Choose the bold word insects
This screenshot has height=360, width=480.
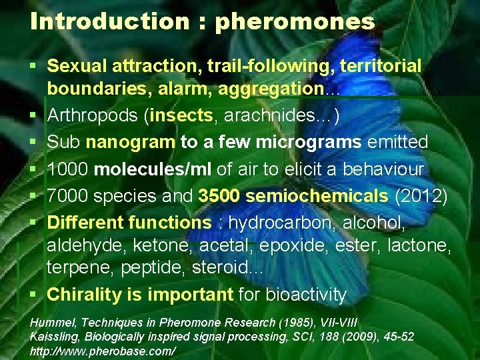tap(182, 115)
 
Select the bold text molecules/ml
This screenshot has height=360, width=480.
tap(153, 169)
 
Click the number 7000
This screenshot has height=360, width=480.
tap(67, 196)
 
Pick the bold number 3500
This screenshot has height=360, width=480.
tap(219, 196)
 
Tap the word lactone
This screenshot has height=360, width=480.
tap(421, 245)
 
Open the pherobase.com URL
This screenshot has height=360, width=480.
tap(103, 351)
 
